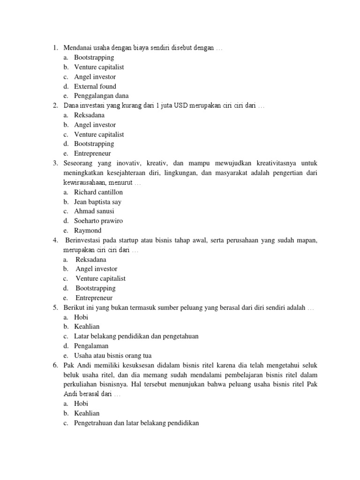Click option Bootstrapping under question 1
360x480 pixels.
coord(94,57)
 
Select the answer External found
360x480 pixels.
coord(95,86)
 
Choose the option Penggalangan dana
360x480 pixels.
coord(101,96)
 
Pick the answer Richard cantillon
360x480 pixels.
coord(98,192)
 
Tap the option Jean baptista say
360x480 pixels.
coord(97,202)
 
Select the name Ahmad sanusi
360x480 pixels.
coord(94,211)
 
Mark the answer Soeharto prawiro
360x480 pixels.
coord(98,221)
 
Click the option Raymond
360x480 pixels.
coord(88,231)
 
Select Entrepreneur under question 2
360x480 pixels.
coord(93,154)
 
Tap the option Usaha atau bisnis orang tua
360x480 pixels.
coord(112,355)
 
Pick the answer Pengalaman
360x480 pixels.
coord(91,346)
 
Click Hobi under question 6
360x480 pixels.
coord(81,403)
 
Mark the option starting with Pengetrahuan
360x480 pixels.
coord(136,422)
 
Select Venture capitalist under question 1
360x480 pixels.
coord(99,67)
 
